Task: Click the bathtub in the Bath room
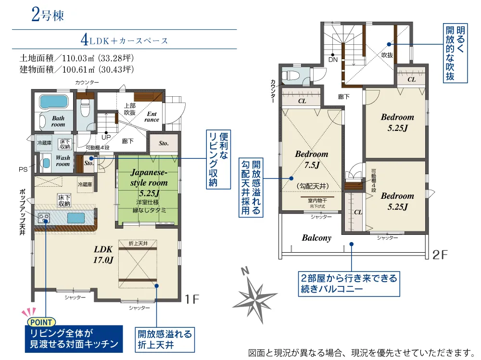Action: click(x=54, y=102)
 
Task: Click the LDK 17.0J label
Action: click(x=103, y=255)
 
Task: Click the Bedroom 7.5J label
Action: click(x=312, y=159)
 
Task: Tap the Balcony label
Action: click(x=316, y=238)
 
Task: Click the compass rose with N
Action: click(x=254, y=295)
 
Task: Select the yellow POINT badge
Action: click(x=41, y=322)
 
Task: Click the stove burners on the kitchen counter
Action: click(x=44, y=219)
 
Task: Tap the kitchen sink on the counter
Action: click(x=76, y=218)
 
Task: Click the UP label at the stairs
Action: click(x=106, y=137)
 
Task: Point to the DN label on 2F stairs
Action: click(x=333, y=60)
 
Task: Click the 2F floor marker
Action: click(x=440, y=255)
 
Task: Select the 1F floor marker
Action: click(x=192, y=299)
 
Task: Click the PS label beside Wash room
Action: click(x=23, y=169)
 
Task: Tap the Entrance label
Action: click(x=152, y=117)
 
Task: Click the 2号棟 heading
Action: click(x=48, y=14)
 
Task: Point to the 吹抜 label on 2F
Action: click(x=387, y=55)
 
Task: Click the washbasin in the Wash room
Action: click(x=46, y=163)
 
